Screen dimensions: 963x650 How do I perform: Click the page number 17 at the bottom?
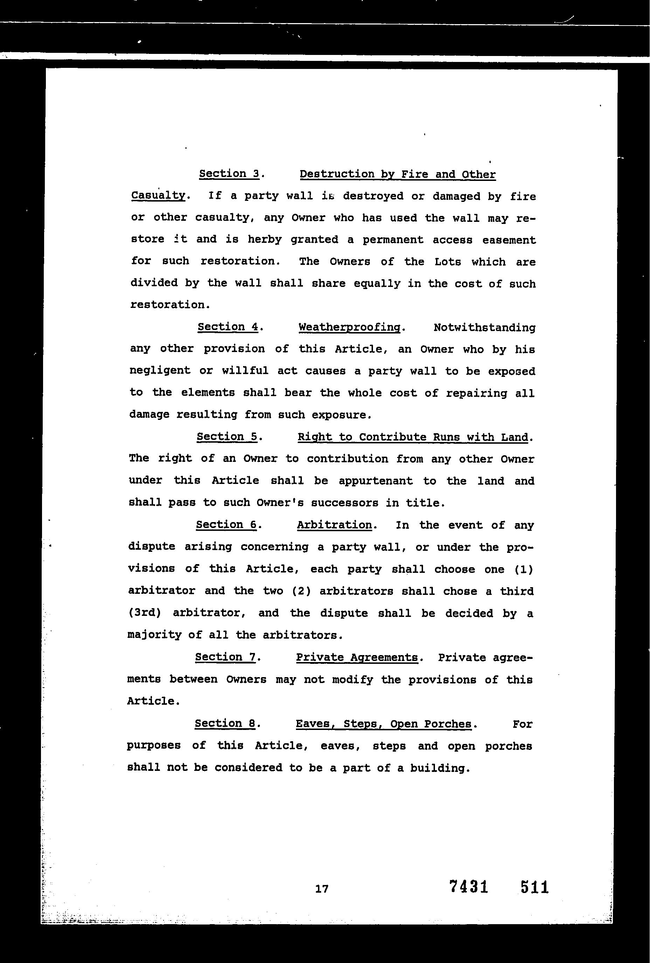[322, 888]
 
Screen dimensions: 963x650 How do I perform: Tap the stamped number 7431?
[469, 887]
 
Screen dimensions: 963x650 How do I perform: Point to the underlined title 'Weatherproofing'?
[350, 327]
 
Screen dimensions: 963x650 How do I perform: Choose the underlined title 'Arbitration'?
[334, 525]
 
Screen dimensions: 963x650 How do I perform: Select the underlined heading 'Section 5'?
[227, 437]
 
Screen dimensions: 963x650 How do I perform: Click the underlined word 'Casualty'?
[158, 196]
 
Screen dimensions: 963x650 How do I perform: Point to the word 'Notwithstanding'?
[484, 328]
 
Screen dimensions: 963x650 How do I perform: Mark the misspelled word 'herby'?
[264, 239]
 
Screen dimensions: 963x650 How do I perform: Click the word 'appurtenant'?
[375, 481]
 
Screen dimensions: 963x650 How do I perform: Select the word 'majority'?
[155, 635]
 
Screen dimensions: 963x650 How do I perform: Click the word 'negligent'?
[160, 371]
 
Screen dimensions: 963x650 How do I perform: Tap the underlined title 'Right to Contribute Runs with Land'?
[413, 437]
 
